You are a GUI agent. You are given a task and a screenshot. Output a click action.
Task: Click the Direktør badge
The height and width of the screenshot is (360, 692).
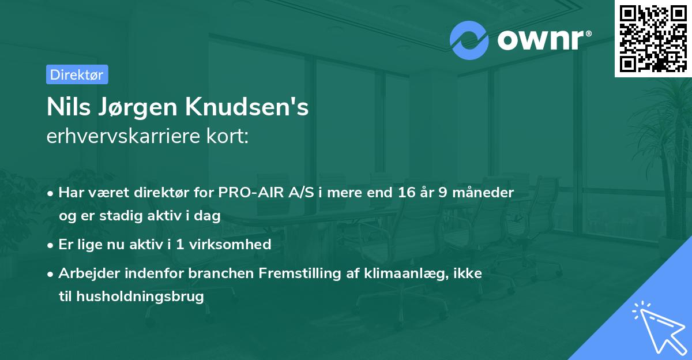[x=77, y=74]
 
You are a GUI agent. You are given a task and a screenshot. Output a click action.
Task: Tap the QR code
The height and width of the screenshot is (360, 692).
[x=653, y=38]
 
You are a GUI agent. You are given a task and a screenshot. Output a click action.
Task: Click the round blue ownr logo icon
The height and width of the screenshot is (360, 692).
[x=470, y=40]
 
